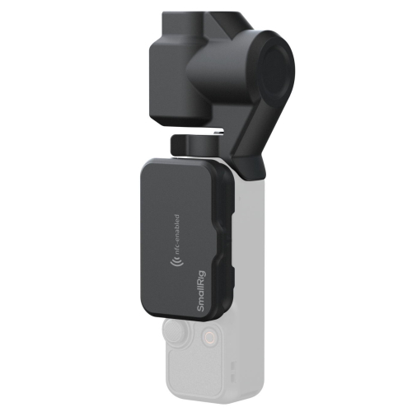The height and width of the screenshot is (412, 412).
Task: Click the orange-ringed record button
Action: pos(209,335)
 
